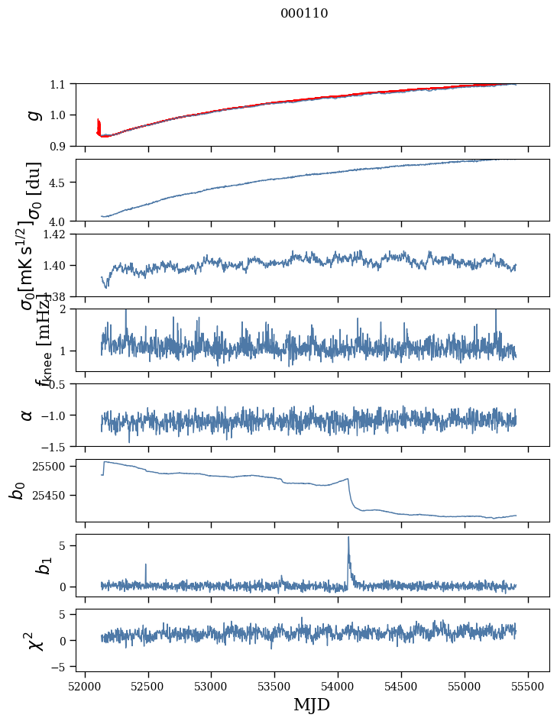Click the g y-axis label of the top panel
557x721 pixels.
click(33, 115)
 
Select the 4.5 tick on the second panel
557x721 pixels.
click(59, 183)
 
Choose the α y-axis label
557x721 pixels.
click(28, 415)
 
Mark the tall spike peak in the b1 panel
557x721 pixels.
click(348, 537)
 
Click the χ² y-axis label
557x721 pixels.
click(33, 641)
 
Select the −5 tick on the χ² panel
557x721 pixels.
click(61, 667)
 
